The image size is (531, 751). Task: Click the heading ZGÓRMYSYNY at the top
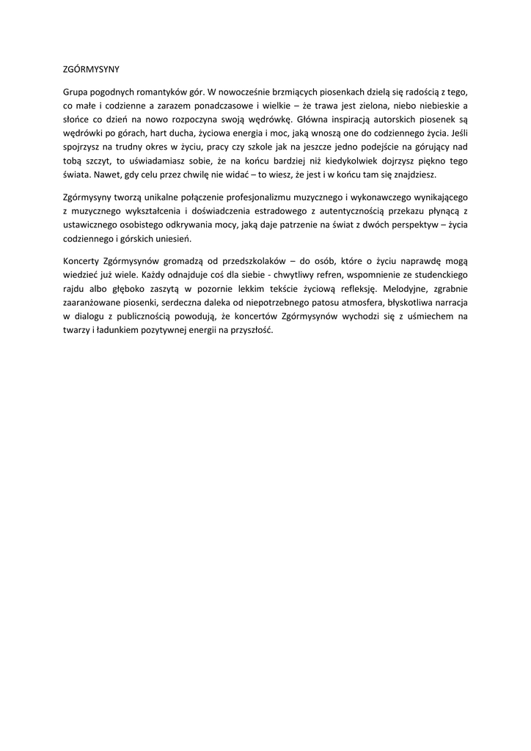click(x=91, y=69)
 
